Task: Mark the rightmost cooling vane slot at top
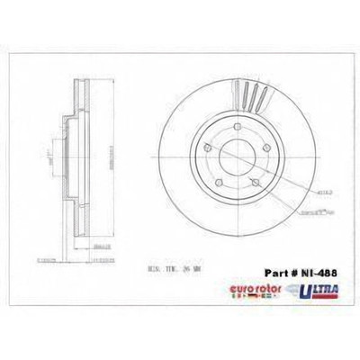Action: pos(264,97)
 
